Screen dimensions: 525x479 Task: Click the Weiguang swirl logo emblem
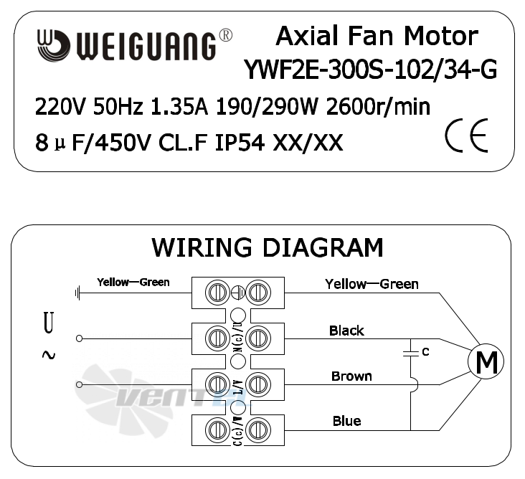point(54,45)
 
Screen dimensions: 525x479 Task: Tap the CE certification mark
point(466,136)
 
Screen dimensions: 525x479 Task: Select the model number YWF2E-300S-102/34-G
point(371,70)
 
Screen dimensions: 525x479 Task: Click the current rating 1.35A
point(179,107)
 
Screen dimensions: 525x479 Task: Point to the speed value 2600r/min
point(378,107)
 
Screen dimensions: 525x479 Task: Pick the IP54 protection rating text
point(240,143)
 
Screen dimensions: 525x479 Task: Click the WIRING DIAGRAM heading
point(268,247)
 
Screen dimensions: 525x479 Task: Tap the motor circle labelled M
point(486,361)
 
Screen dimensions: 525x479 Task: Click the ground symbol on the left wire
point(77,293)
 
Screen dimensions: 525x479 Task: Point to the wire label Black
point(346,331)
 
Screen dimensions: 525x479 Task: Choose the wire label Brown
point(351,376)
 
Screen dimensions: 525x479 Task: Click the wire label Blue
point(347,421)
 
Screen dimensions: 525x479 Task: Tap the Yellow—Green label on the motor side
point(372,284)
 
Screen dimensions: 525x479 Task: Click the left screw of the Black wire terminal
point(217,338)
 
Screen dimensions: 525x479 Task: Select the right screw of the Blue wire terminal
point(258,430)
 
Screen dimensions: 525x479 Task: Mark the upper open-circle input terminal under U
point(79,338)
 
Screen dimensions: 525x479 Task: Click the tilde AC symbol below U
point(49,355)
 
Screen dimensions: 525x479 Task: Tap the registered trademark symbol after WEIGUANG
point(226,35)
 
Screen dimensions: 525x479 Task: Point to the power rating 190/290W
point(267,107)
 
